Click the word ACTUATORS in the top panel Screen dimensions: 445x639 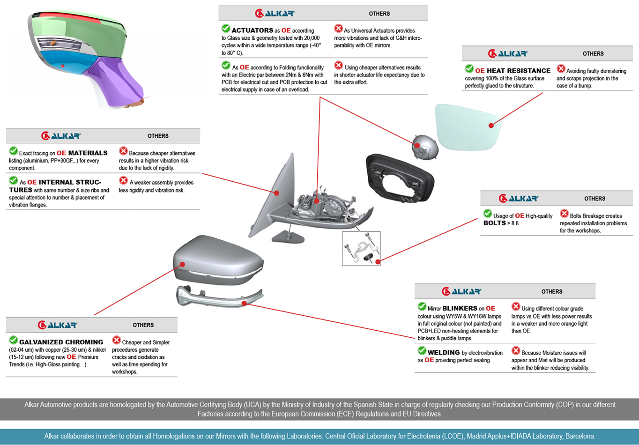[x=253, y=30]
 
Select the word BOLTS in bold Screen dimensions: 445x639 [x=495, y=223]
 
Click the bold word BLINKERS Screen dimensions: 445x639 [x=460, y=308]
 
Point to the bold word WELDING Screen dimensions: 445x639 [x=444, y=353]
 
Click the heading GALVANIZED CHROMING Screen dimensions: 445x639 [x=61, y=342]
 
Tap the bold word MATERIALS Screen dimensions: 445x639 [x=88, y=153]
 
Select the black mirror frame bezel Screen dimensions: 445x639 [x=398, y=178]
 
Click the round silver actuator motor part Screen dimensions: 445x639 [x=425, y=146]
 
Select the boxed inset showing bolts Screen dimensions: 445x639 [x=361, y=249]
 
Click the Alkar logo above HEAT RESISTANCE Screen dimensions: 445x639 [x=507, y=54]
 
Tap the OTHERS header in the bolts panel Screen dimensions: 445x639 [x=594, y=199]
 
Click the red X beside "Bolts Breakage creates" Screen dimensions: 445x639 [x=564, y=214]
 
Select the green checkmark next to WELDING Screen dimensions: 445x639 [x=422, y=351]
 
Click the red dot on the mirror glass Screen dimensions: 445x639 [x=491, y=126]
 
